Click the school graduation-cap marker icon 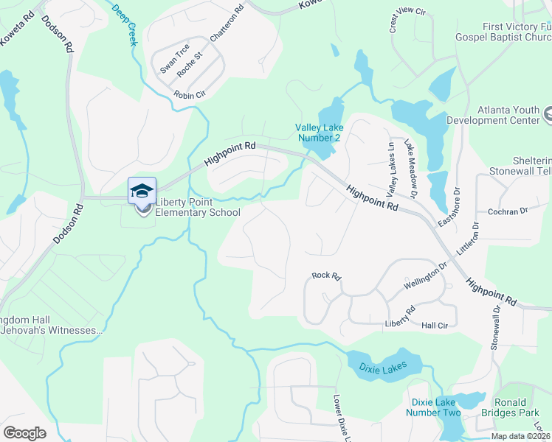(142, 191)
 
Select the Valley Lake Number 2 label (319, 132)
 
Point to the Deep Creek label (124, 24)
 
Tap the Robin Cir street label (190, 95)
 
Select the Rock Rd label (325, 276)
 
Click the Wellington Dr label (426, 278)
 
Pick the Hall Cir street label (435, 325)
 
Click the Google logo (24, 432)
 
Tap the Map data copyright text (520, 436)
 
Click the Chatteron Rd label (226, 24)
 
